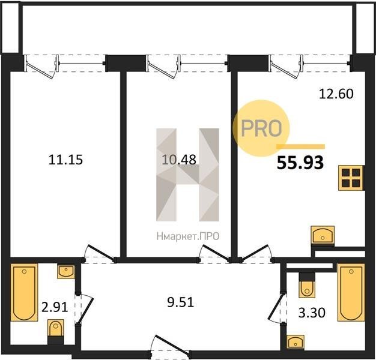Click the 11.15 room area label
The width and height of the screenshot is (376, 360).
click(65, 160)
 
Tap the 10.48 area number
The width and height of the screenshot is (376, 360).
click(179, 160)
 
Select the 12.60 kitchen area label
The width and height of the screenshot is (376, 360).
click(336, 94)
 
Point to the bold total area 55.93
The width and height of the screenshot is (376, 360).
click(300, 163)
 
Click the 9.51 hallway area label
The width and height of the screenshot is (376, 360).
click(180, 302)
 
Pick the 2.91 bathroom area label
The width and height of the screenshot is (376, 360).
click(55, 307)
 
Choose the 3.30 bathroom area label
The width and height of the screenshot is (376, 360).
click(312, 313)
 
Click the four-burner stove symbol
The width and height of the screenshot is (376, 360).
click(351, 178)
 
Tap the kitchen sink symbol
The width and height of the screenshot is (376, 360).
click(323, 235)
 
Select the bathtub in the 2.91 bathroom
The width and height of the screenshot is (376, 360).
click(25, 292)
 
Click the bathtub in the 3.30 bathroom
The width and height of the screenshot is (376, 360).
click(351, 292)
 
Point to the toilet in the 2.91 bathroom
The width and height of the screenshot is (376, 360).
click(56, 332)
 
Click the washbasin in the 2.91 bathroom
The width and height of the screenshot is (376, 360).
click(66, 272)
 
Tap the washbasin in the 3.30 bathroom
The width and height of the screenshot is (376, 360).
click(296, 341)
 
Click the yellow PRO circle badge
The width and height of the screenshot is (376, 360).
click(261, 128)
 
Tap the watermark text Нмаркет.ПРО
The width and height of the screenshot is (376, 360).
click(188, 236)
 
